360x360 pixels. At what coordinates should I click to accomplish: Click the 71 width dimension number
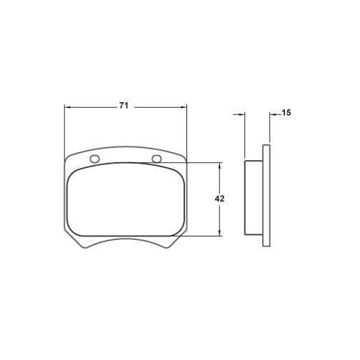[124, 106]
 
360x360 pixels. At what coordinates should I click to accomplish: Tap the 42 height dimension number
[219, 199]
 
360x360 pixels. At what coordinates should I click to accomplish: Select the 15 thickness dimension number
[286, 113]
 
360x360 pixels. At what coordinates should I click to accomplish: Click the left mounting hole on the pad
[94, 159]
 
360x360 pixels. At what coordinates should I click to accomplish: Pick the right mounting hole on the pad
[157, 159]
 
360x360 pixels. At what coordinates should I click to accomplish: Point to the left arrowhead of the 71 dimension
[68, 108]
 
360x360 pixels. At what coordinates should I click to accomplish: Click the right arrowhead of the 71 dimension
[184, 108]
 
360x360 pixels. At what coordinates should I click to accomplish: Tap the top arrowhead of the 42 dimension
[220, 166]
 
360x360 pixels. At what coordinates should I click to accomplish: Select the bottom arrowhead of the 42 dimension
[220, 233]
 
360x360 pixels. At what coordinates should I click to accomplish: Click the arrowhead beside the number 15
[273, 114]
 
